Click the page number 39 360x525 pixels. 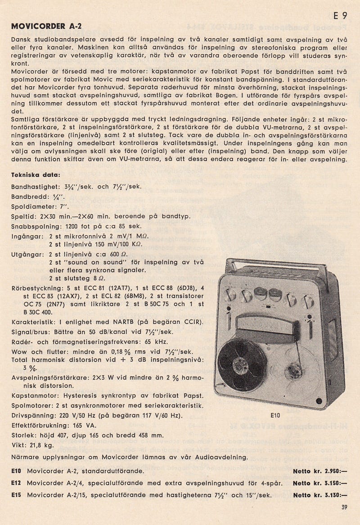344,508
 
